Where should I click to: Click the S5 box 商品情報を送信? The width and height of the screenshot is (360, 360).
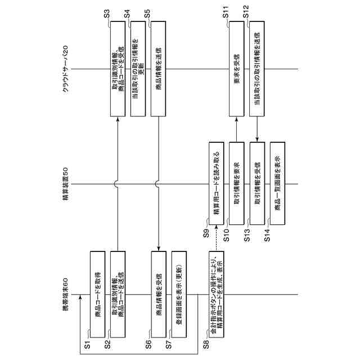click(159, 69)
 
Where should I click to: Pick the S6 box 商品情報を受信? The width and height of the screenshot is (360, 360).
click(159, 295)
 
